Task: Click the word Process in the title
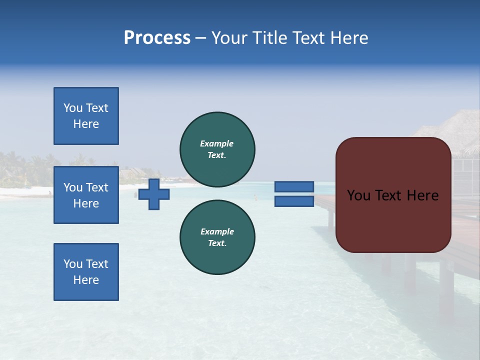pos(157,38)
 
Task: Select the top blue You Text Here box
pos(86,116)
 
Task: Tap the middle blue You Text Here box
pos(86,195)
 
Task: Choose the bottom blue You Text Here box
pos(86,272)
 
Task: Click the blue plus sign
pos(154,194)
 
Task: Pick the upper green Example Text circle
pos(217,149)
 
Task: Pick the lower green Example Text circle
pos(217,237)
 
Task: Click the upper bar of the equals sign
pos(294,186)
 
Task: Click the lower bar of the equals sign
pos(294,201)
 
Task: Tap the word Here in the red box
pos(422,195)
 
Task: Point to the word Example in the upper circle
pos(216,143)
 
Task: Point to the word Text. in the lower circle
pos(217,243)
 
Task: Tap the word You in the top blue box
pos(72,108)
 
